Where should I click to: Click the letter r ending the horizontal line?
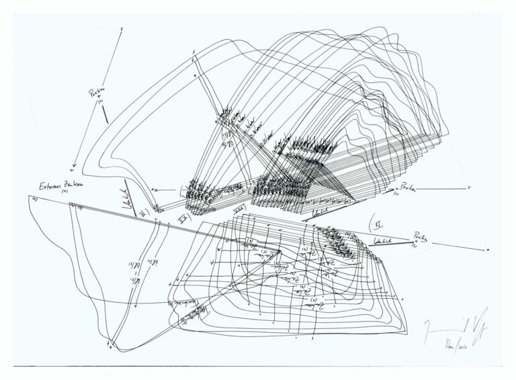pyautogui.click(x=468, y=188)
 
